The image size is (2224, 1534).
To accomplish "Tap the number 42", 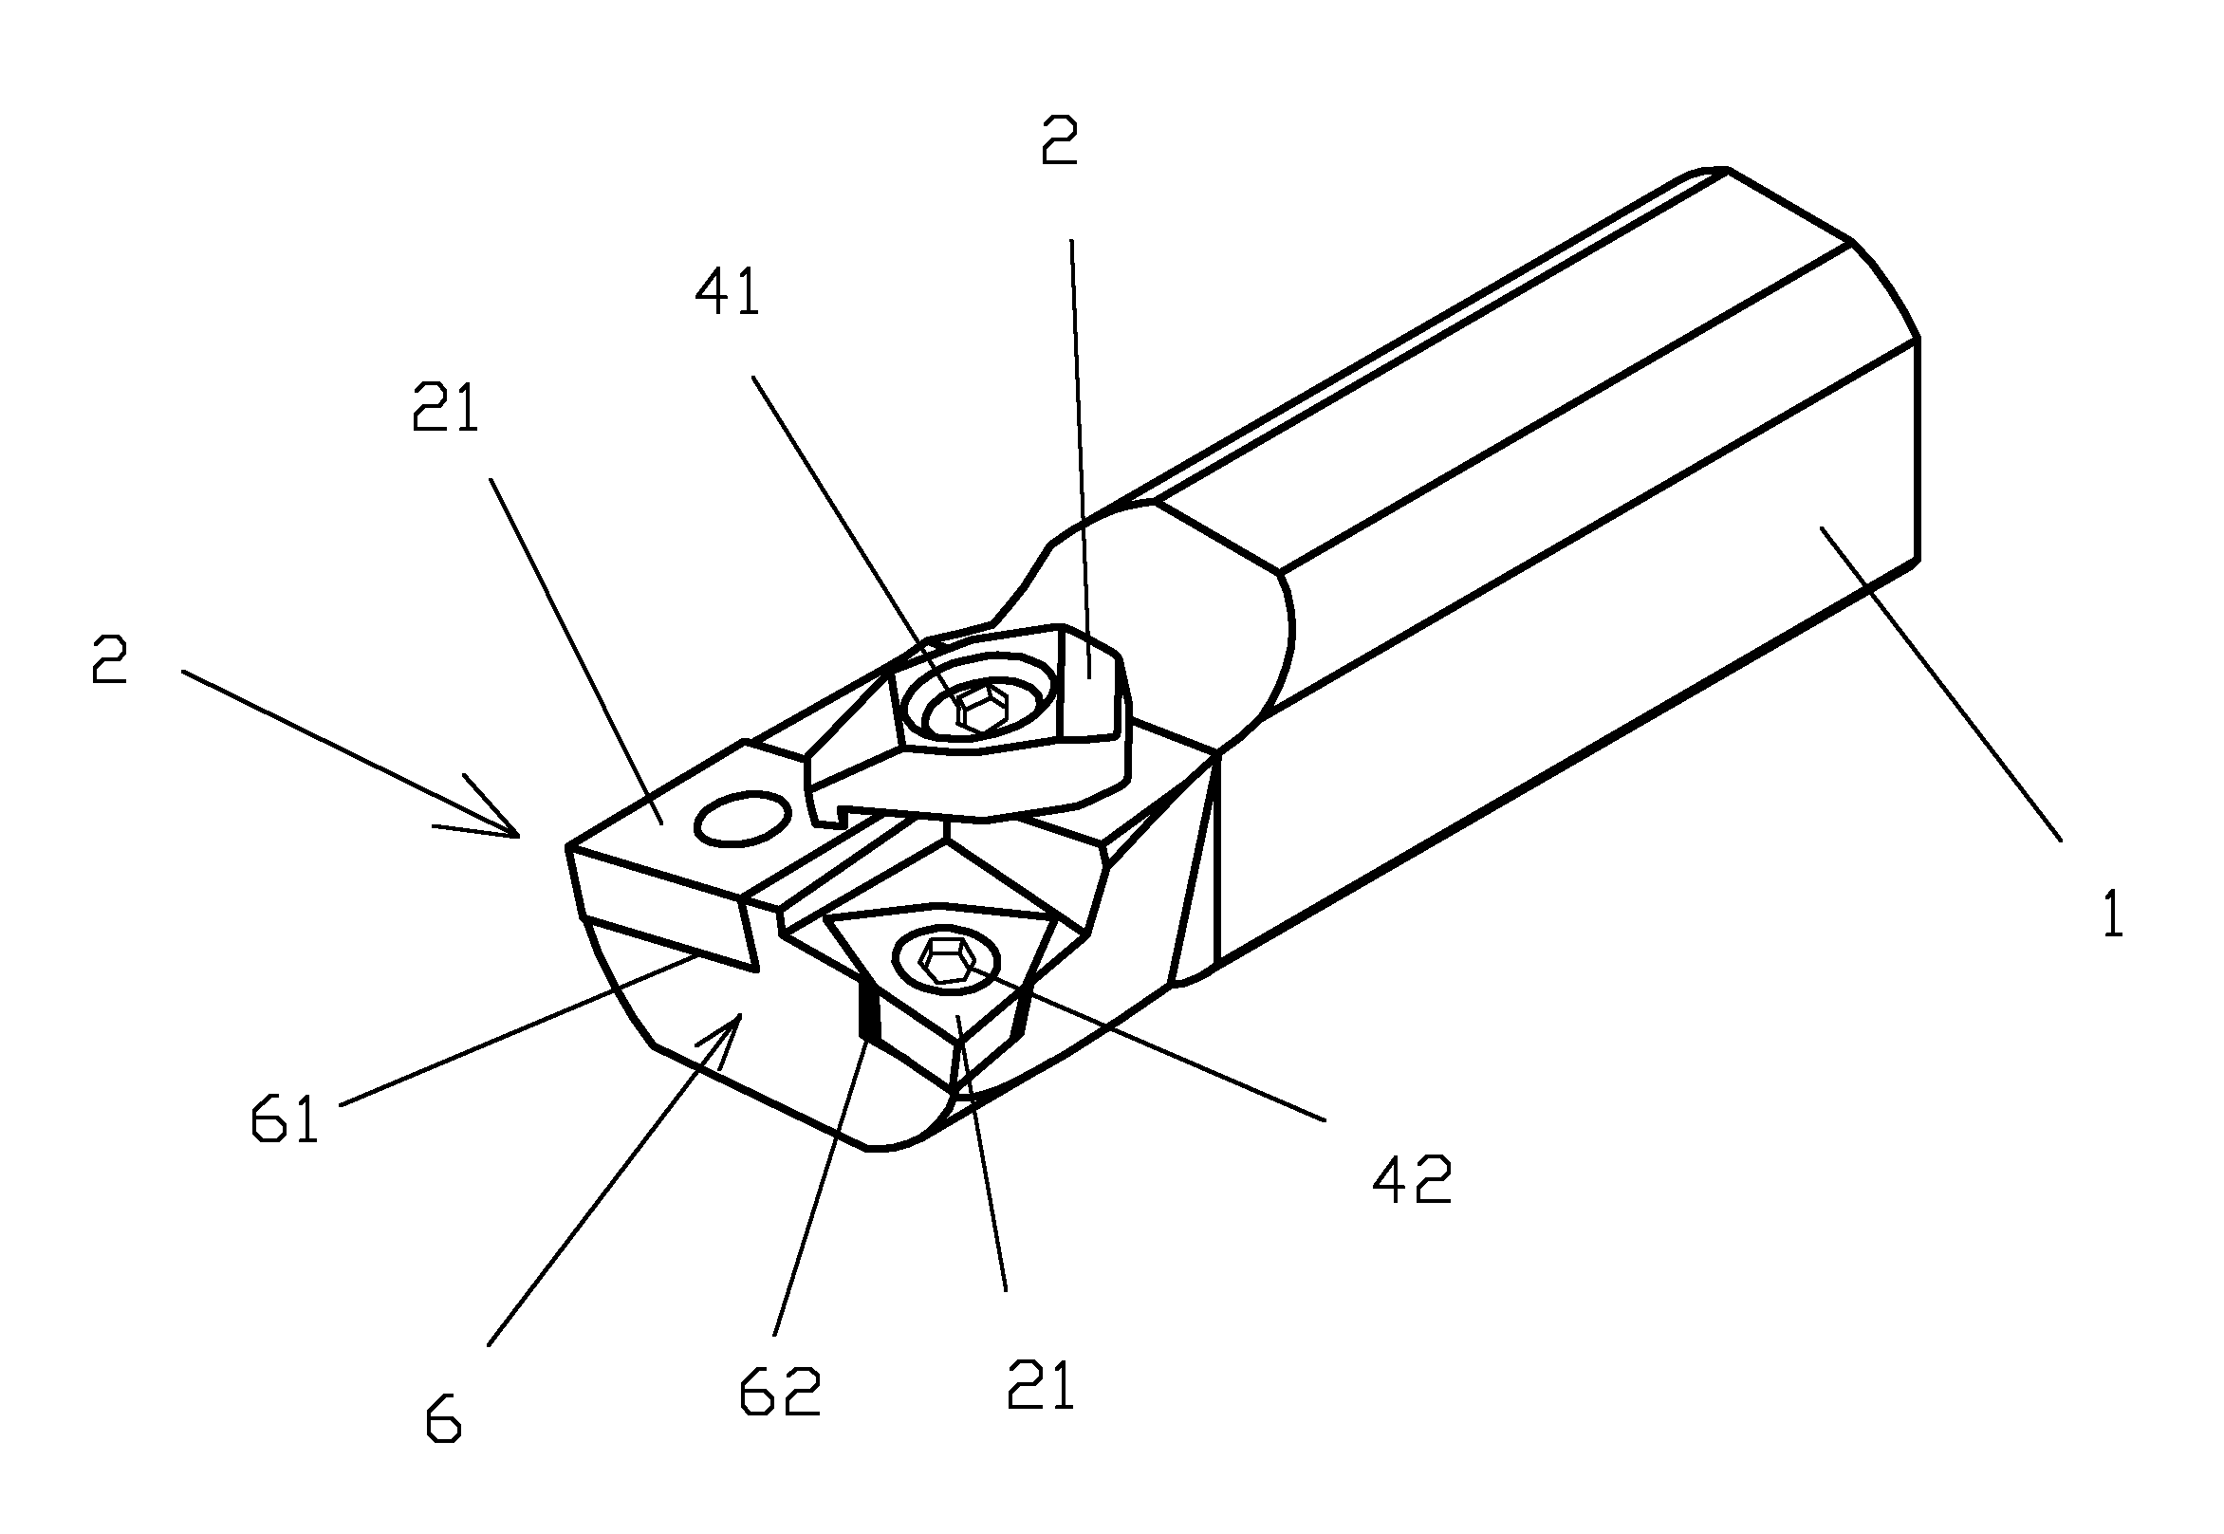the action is click(1411, 1179).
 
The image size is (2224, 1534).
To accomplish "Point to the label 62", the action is click(781, 1392).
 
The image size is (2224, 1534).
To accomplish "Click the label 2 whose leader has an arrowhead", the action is click(108, 660).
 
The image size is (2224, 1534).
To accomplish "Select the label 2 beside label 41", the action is click(1060, 141).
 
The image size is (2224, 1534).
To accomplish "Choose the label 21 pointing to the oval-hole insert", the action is click(445, 408).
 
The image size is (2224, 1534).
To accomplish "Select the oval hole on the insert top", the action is click(742, 818).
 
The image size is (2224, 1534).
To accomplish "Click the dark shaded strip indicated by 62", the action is click(869, 1015).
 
